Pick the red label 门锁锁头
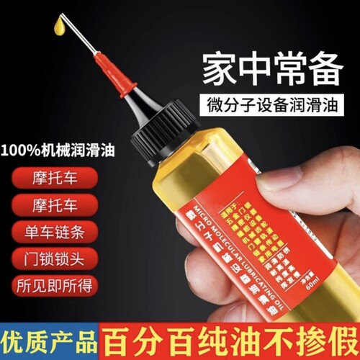55,258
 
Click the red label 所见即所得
55,286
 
